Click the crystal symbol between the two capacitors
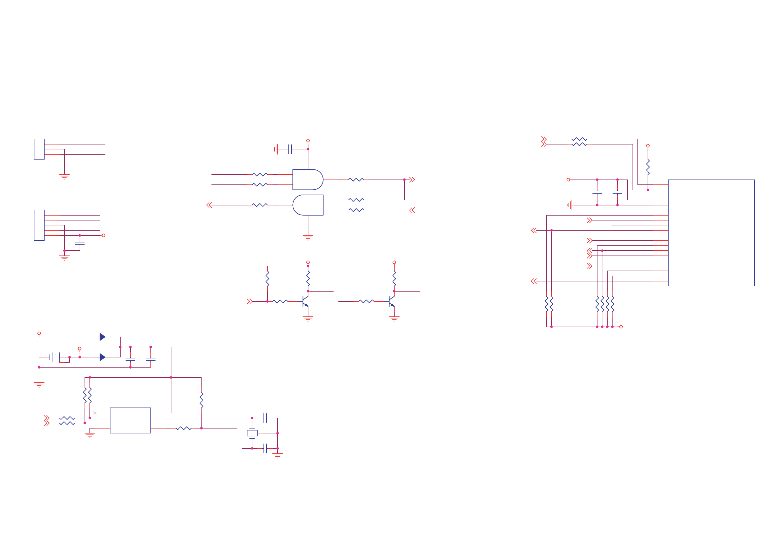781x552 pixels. point(252,433)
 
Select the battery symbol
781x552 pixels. point(54,357)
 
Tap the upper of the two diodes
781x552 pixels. point(102,337)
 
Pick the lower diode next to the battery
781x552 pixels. point(102,357)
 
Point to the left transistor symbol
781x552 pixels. point(305,301)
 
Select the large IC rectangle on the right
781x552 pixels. point(711,233)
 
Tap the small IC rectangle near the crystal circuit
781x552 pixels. point(130,420)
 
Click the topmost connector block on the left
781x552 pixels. point(39,149)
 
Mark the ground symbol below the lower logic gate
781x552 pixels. point(308,238)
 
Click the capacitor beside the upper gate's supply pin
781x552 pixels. point(290,149)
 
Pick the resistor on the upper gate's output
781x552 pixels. point(356,180)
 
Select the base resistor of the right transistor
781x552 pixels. point(366,301)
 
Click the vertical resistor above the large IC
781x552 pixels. point(648,167)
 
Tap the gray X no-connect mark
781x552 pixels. point(95,413)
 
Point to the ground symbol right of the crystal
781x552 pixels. point(278,456)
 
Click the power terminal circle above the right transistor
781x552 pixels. point(394,262)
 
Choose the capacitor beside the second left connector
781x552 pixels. point(80,243)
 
